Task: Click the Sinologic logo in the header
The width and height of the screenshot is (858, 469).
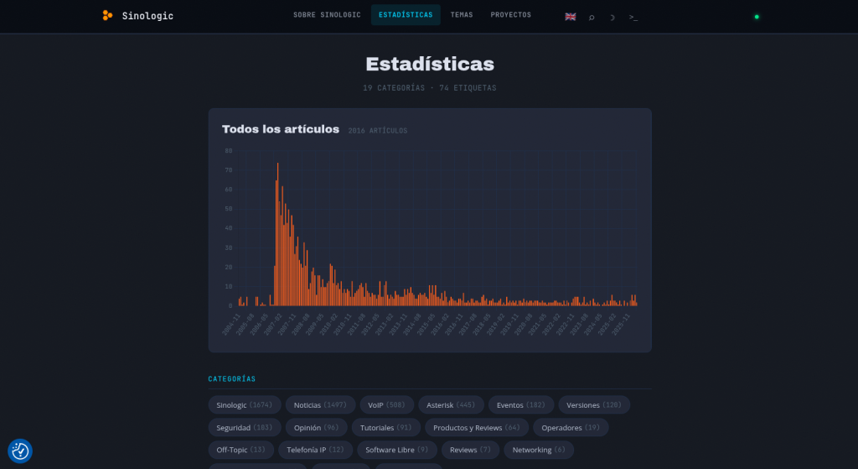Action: [137, 15]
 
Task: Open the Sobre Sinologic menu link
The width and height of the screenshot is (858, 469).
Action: [327, 15]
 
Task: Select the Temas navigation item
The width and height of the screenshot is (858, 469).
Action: [462, 15]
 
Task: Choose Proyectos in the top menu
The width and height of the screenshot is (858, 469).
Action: [510, 15]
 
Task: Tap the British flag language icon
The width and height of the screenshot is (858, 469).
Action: [571, 16]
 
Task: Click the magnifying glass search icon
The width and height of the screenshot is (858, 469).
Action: [592, 16]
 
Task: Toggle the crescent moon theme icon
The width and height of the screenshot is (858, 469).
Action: [612, 16]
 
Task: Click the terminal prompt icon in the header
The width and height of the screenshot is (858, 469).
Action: [633, 16]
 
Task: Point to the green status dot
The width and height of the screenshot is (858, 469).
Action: [757, 16]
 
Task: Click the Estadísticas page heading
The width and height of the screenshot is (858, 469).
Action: [429, 64]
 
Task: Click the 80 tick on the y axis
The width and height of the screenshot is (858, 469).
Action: [228, 151]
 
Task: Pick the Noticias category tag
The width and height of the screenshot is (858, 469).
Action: [320, 405]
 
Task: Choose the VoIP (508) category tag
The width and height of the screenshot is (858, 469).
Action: [386, 405]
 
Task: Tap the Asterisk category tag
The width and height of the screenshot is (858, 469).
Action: [450, 405]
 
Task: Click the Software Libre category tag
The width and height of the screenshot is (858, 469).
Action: [396, 451]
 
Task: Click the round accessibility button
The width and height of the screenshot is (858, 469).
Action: [20, 451]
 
